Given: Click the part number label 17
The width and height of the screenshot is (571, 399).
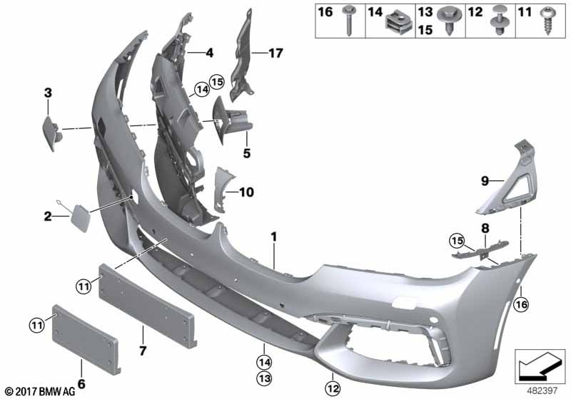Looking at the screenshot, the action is (276, 53).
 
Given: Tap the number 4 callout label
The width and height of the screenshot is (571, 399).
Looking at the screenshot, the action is (209, 53).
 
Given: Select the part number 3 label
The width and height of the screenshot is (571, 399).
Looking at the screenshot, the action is (48, 93).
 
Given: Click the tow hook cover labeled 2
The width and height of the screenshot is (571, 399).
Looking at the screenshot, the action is (80, 218).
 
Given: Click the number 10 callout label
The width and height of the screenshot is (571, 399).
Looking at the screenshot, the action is (246, 192).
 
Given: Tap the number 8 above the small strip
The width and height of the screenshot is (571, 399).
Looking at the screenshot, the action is (485, 229).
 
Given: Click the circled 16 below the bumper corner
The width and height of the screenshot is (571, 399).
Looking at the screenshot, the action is (521, 304).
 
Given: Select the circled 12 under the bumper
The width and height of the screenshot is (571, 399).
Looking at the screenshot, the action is (333, 389).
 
